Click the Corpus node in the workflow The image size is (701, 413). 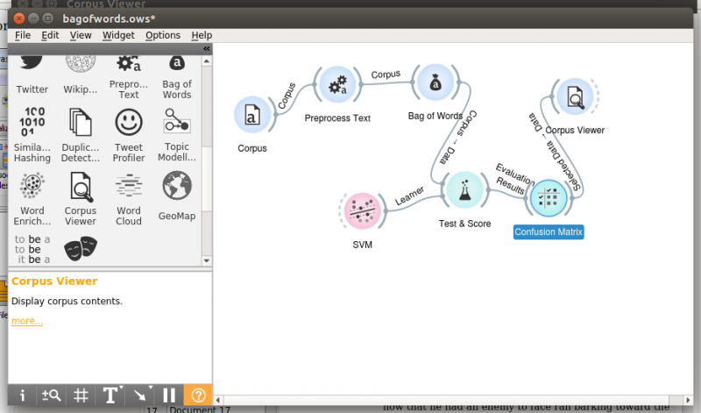tap(251, 115)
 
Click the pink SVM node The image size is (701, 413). tap(361, 211)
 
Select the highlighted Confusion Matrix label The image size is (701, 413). tap(549, 232)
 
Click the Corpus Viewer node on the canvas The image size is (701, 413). tap(574, 97)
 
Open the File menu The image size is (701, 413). tap(23, 35)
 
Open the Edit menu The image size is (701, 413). tap(50, 35)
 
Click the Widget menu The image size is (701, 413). tap(118, 35)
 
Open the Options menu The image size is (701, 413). tap(163, 35)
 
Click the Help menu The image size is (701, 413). tap(202, 35)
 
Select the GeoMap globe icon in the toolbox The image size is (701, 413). tap(176, 185)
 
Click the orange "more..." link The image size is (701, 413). tap(27, 321)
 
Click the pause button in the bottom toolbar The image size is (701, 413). tap(170, 395)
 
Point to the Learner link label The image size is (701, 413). tap(409, 196)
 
